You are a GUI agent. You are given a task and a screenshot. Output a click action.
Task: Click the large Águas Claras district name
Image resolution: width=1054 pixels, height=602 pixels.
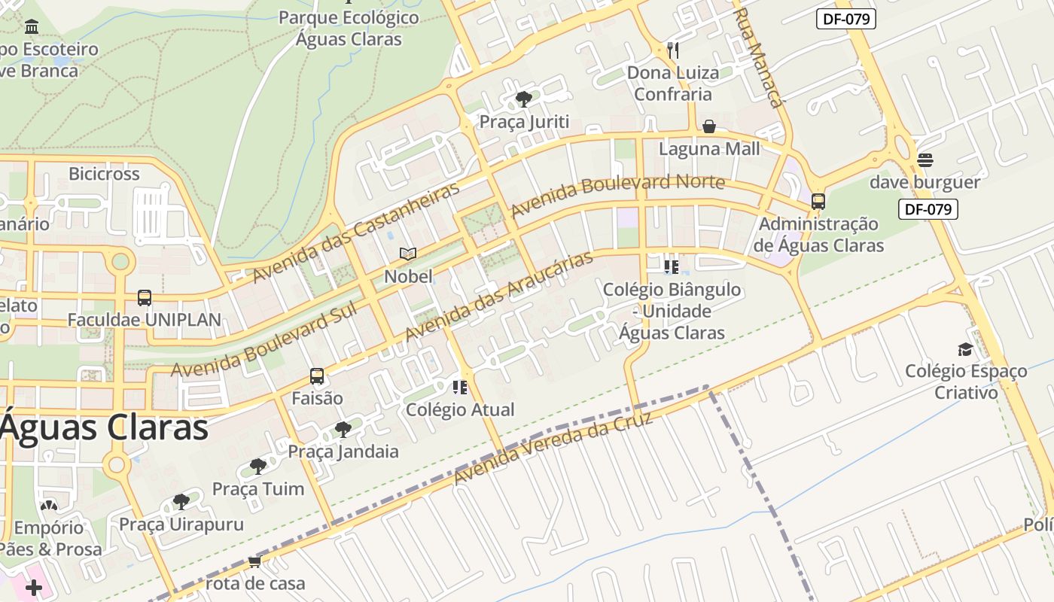tap(104, 427)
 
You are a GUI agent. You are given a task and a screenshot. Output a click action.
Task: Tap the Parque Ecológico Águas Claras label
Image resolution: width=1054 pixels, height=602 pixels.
tap(349, 28)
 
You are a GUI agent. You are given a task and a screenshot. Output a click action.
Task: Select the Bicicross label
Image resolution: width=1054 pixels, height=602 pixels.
tap(104, 174)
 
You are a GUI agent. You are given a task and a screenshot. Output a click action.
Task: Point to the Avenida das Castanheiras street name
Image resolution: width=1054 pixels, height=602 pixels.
tap(355, 232)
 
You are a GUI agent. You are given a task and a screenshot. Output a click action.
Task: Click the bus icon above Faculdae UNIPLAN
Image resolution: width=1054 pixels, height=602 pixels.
tap(145, 298)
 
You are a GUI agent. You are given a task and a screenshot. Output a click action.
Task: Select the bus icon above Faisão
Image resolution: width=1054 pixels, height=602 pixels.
tap(317, 376)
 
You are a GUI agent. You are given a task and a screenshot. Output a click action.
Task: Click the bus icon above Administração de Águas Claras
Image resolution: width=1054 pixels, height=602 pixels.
tap(818, 202)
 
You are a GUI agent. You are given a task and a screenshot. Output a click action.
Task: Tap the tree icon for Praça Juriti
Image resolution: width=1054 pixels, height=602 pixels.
tap(524, 99)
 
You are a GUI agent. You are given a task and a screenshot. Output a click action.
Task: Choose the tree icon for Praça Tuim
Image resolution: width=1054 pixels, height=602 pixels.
tap(258, 466)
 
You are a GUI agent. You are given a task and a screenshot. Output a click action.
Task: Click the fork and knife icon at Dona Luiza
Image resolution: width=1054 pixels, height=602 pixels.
tap(673, 50)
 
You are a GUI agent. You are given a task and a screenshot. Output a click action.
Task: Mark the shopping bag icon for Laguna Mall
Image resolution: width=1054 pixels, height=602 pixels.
tap(709, 126)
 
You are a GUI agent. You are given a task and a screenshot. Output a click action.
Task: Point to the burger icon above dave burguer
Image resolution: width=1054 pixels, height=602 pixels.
tap(925, 160)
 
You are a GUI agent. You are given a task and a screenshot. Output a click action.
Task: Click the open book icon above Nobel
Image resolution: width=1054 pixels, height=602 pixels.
tap(408, 254)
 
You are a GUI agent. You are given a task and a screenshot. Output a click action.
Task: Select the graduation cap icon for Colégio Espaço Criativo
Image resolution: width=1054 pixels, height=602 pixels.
tap(965, 349)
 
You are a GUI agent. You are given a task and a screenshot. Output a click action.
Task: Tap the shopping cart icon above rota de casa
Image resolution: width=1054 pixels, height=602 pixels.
tap(254, 561)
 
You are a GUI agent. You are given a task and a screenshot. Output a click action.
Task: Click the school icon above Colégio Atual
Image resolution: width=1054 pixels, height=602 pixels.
tap(460, 388)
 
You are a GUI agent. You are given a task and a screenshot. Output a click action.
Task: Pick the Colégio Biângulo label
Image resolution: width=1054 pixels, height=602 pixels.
tap(672, 311)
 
